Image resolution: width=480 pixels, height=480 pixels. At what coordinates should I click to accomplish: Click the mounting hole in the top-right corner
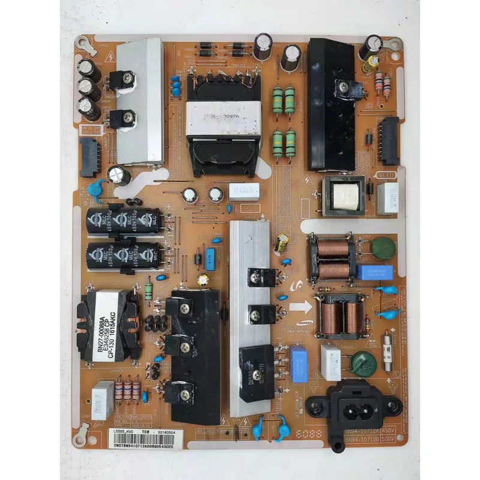(394, 44)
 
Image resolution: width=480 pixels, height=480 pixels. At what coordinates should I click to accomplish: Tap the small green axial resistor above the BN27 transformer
(149, 292)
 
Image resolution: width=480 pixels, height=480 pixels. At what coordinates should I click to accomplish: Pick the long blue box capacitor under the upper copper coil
(374, 272)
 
